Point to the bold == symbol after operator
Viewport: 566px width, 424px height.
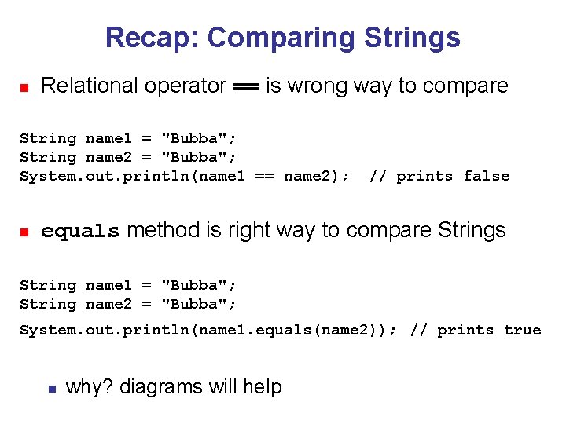246,86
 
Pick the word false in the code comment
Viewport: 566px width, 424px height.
486,176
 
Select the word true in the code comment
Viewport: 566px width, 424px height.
522,330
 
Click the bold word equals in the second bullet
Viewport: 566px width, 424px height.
80,231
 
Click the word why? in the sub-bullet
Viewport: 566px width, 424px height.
88,387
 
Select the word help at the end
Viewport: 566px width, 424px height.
263,387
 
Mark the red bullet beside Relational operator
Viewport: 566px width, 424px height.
24,87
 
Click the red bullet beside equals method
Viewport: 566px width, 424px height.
24,232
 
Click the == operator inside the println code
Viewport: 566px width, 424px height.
264,176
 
